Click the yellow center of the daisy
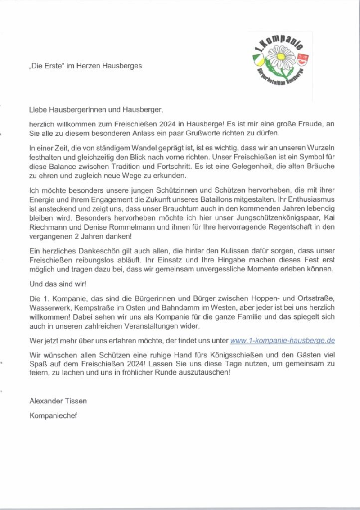(281, 57)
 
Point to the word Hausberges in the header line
(122, 66)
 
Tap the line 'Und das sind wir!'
(58, 285)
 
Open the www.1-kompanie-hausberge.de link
(282, 341)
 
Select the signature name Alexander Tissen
(58, 401)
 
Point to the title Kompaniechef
(53, 415)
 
